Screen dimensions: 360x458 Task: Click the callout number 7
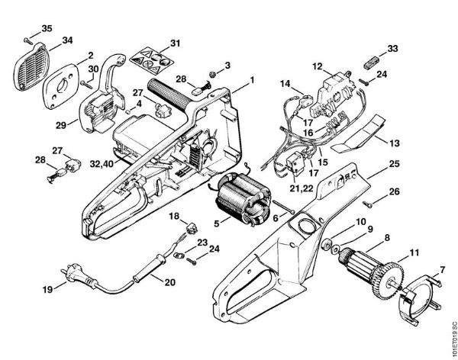click(x=440, y=271)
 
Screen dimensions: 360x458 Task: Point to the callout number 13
click(x=394, y=142)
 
